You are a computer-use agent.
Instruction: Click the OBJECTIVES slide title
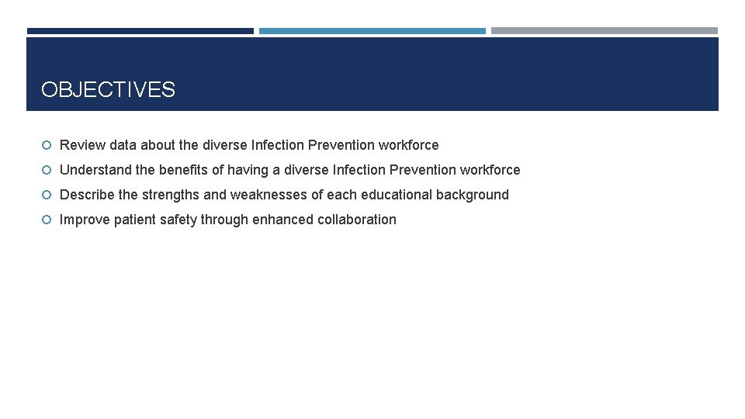(108, 90)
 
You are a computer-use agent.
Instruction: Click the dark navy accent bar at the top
(140, 31)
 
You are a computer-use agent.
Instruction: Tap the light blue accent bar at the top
(372, 31)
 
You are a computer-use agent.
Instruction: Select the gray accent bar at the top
(604, 31)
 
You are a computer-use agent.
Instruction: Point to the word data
(123, 145)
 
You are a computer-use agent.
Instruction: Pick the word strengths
(170, 195)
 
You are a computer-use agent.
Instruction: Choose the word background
(472, 195)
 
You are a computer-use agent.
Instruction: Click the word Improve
(85, 220)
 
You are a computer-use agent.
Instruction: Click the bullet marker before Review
(47, 145)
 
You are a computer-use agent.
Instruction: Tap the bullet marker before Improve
(47, 220)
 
